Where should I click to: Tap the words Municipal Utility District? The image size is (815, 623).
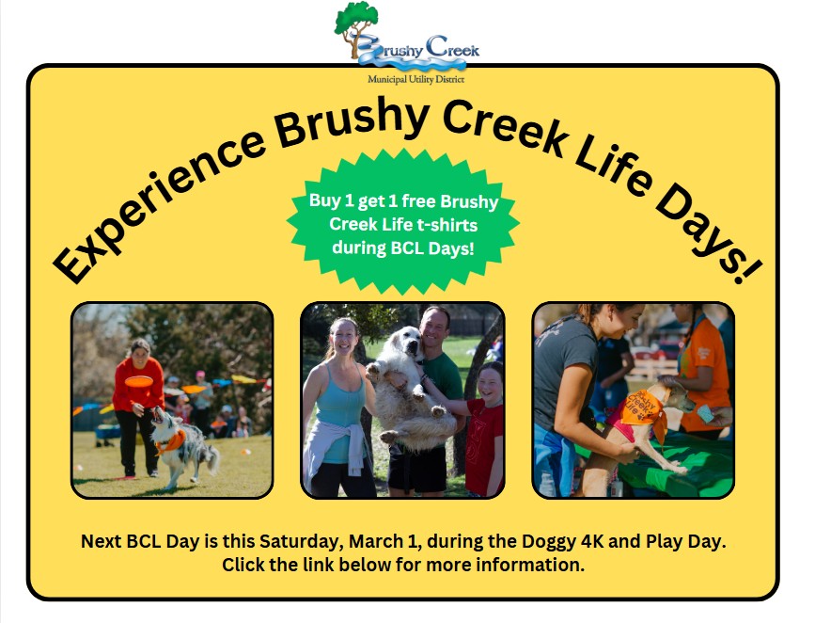(415, 79)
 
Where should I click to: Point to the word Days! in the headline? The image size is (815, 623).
(708, 234)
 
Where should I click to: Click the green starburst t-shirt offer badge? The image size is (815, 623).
(403, 222)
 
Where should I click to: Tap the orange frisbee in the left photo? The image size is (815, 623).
(139, 381)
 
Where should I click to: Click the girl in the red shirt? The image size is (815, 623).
(484, 428)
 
